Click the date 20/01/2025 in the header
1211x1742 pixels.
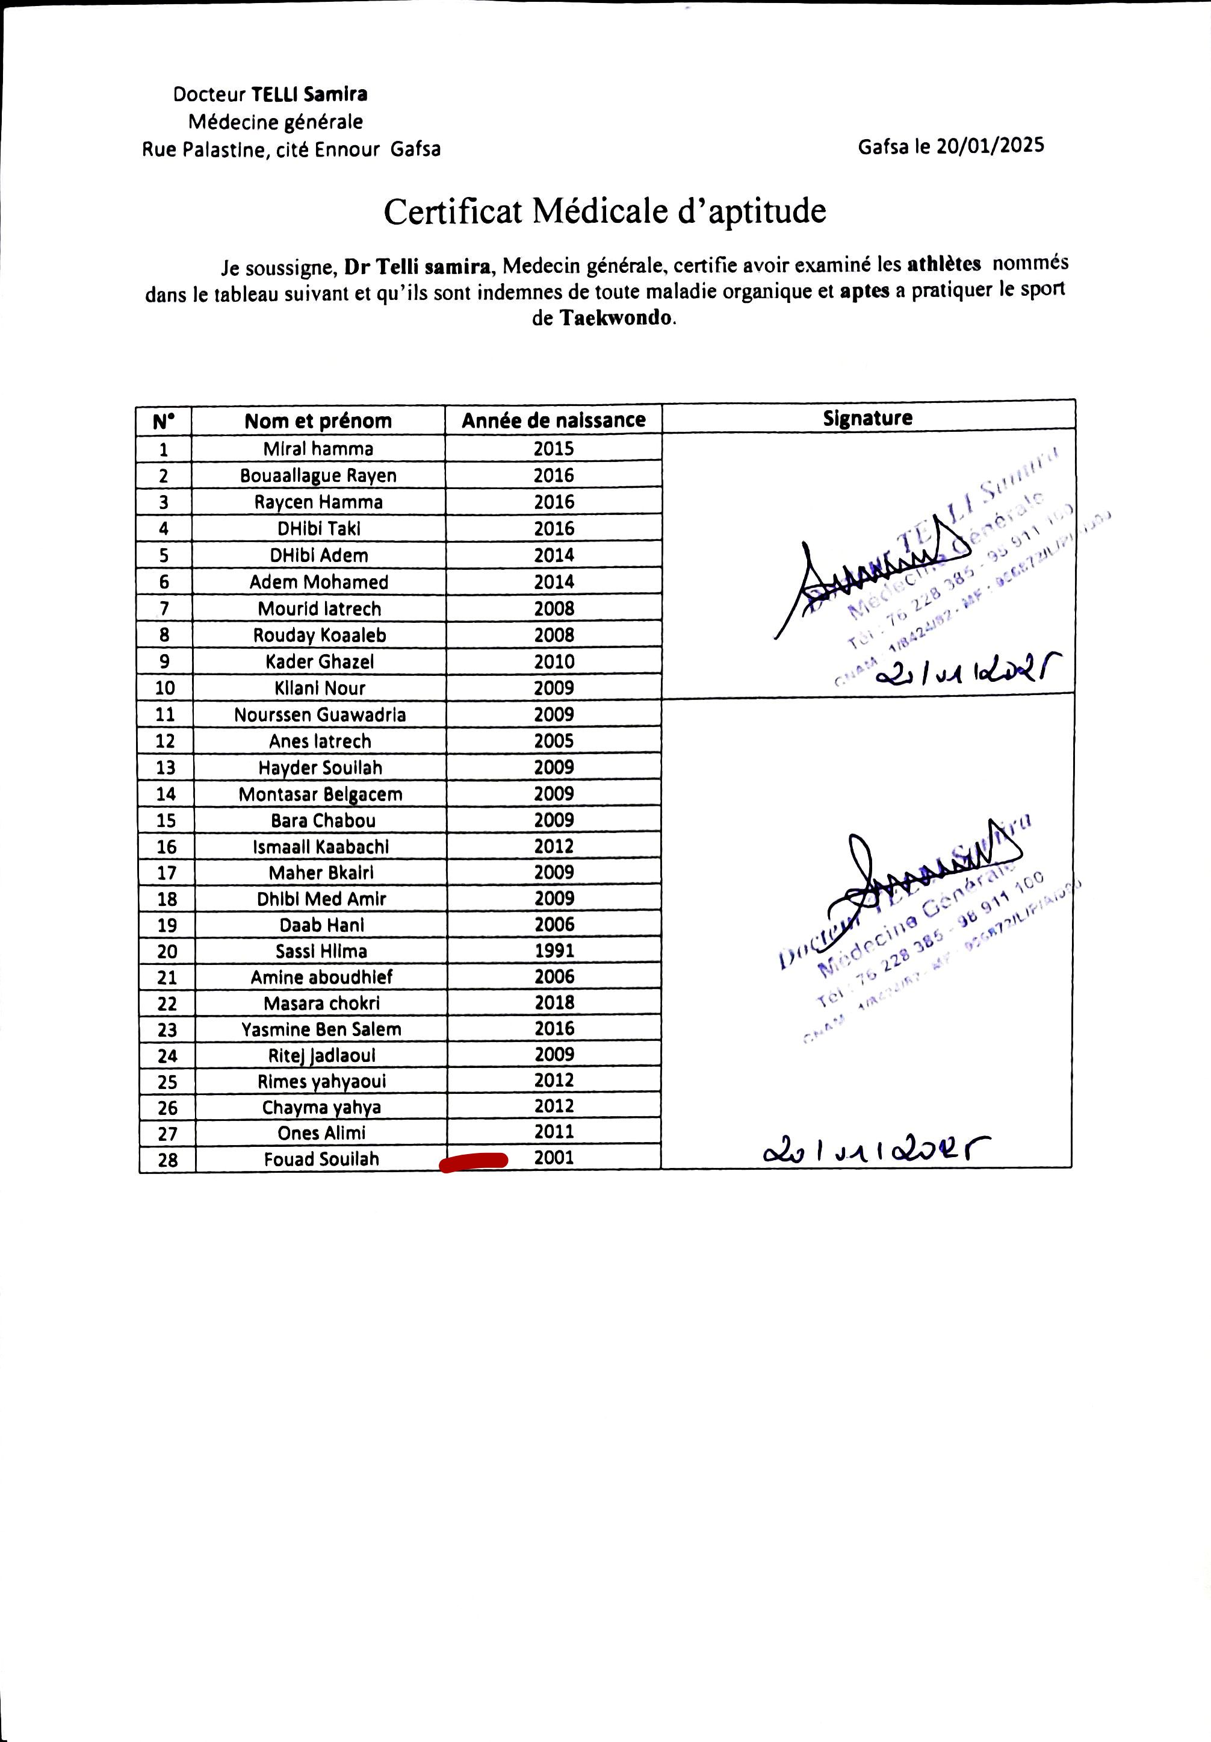pos(990,146)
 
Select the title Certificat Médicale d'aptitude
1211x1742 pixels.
pos(604,211)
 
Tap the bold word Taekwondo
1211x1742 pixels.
pos(616,317)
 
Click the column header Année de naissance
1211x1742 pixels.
pos(554,420)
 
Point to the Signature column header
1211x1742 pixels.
pos(867,417)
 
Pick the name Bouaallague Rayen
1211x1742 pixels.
pos(318,476)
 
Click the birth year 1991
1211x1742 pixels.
pos(554,950)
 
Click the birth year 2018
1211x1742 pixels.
pos(554,1002)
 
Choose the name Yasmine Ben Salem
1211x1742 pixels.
pos(321,1029)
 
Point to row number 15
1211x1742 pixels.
pos(166,820)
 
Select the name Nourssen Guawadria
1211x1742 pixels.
pos(320,715)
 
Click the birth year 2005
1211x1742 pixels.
pos(554,740)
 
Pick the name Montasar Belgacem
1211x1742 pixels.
pos(321,794)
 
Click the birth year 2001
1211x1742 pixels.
pos(554,1157)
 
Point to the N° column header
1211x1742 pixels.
pos(163,421)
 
